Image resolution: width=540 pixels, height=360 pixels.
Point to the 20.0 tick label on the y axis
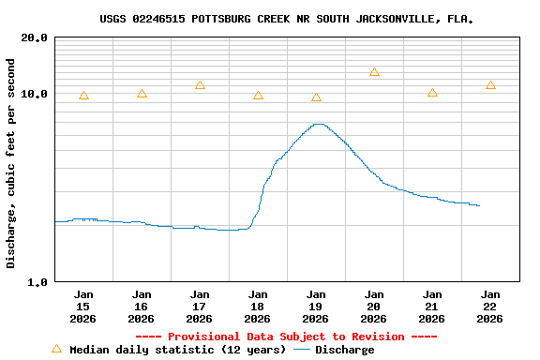click(x=35, y=38)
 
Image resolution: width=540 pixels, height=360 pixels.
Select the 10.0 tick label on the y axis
click(x=35, y=95)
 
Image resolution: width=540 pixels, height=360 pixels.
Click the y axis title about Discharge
click(x=11, y=163)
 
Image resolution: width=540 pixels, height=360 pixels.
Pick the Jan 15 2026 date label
click(x=83, y=307)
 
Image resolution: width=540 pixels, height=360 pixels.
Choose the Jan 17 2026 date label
click(x=200, y=307)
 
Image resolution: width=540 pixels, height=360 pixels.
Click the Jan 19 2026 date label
click(x=316, y=307)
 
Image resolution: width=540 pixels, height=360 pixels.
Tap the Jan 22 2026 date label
click(x=490, y=307)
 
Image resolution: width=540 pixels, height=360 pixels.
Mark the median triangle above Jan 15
click(x=83, y=96)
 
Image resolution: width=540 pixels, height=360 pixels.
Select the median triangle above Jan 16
click(x=142, y=94)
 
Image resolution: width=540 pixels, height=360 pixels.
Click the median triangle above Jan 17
click(x=200, y=85)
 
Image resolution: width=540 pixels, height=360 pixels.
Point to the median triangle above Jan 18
click(x=258, y=96)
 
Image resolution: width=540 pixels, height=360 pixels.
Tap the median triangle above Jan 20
click(x=374, y=72)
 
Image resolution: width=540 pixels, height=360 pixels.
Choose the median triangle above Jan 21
click(x=432, y=93)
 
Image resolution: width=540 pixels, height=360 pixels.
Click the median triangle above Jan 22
click(x=490, y=85)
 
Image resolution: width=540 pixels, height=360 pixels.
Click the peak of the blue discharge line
click(x=319, y=124)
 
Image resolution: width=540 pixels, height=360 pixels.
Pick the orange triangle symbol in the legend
click(x=56, y=349)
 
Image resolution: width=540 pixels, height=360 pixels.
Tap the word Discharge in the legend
click(x=344, y=350)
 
